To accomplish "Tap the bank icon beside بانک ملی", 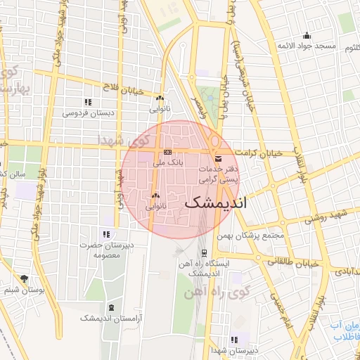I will (167, 151).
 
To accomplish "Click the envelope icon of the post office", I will (217, 158).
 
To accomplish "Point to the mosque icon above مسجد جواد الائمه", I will (306, 36).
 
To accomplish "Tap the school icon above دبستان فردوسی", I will (87, 103).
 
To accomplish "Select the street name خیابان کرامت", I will (258, 152).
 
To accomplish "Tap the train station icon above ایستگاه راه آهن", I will (204, 252).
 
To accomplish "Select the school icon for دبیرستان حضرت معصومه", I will (105, 234).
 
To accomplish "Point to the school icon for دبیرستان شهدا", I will (234, 340).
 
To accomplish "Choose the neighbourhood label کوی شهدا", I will (131, 140).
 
